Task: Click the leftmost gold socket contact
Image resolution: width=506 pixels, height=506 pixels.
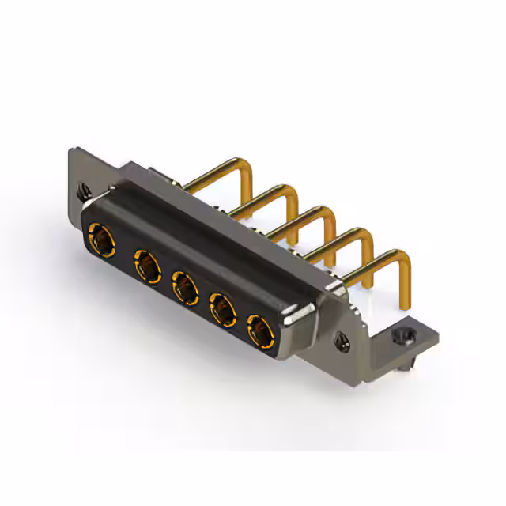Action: (x=100, y=236)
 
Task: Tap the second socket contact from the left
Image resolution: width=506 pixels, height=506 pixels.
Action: (x=145, y=264)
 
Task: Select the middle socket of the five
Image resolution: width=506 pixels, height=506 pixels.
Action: (x=184, y=287)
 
